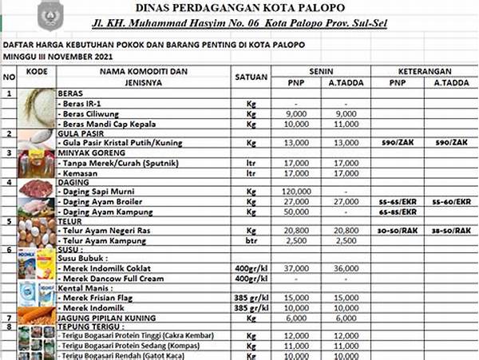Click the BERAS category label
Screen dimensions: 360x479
[x=72, y=94]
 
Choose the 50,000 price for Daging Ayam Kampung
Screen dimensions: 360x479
[x=297, y=212]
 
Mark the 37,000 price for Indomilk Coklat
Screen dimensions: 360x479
[x=297, y=268]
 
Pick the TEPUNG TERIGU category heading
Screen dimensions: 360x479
[x=90, y=326]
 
